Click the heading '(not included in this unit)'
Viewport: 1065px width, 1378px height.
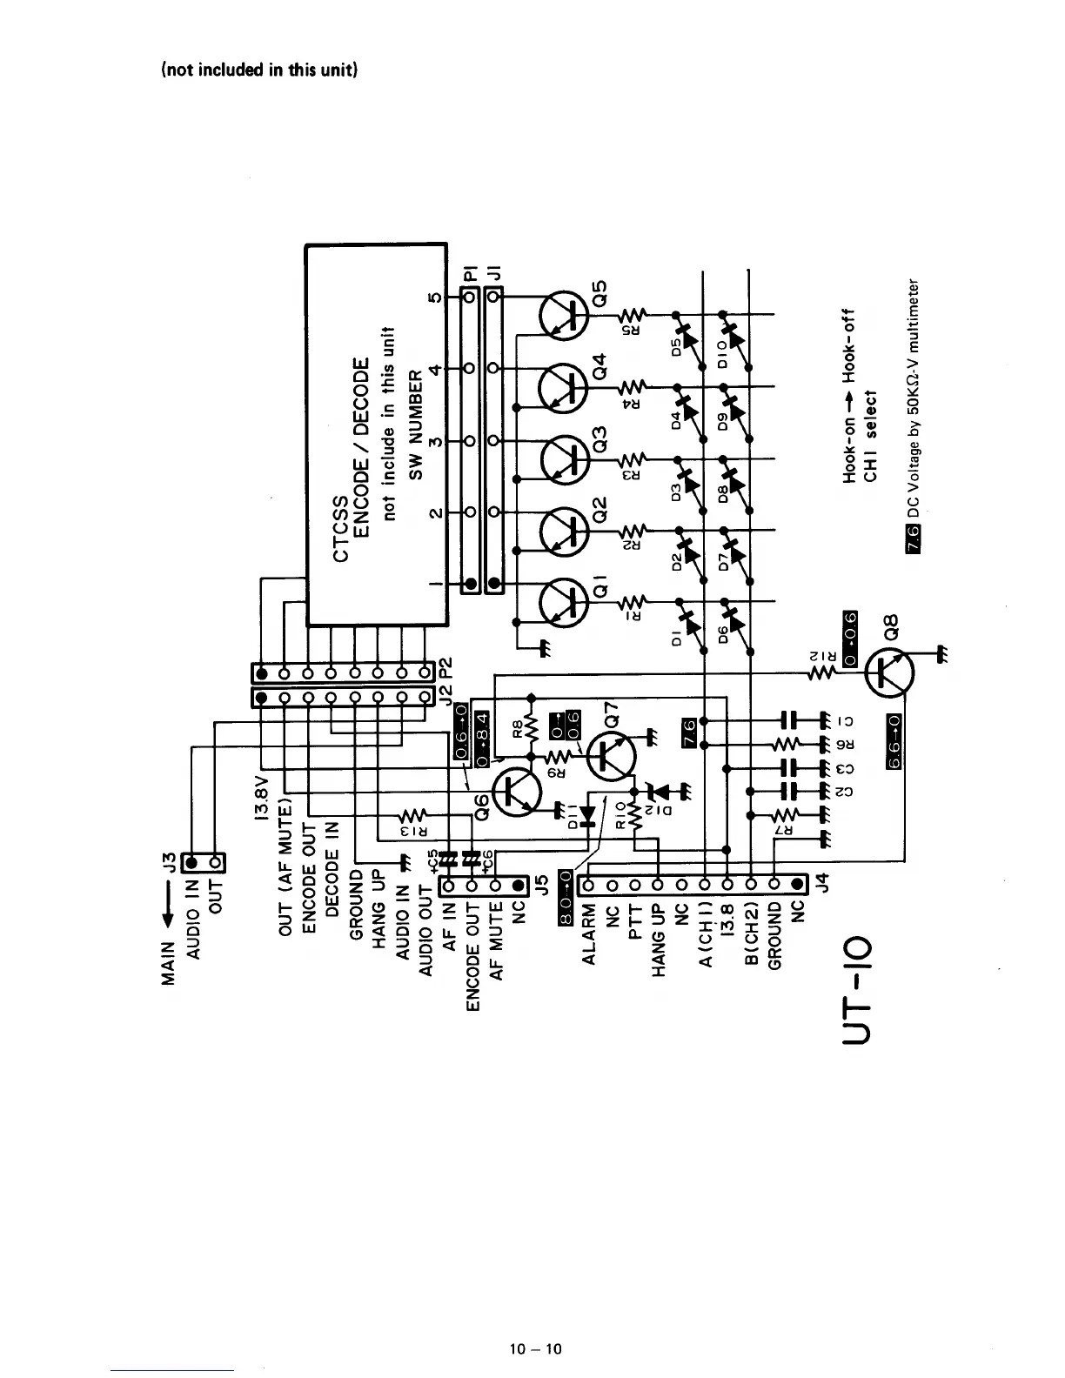[x=258, y=70]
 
